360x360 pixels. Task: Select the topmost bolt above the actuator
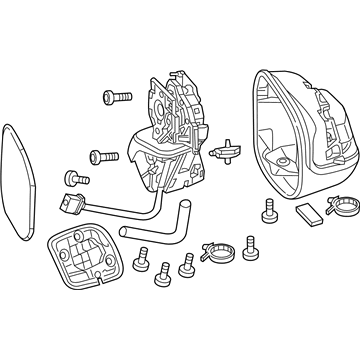coord(116,96)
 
